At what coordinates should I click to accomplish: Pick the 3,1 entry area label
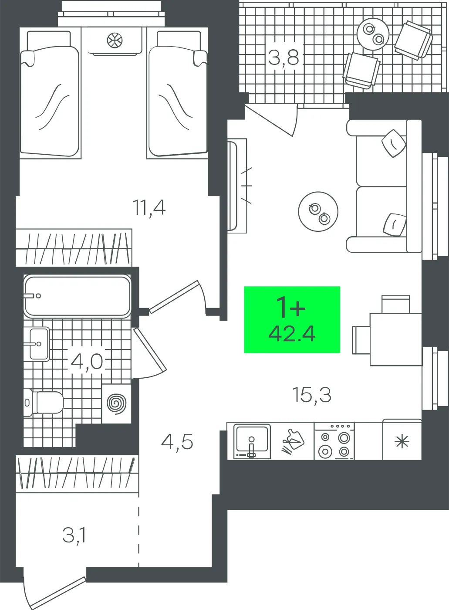74,535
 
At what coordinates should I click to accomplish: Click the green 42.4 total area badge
292,319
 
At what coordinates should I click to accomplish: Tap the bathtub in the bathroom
78,296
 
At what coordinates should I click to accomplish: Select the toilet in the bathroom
44,403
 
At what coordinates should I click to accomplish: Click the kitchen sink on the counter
252,441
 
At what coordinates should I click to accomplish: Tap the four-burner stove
334,441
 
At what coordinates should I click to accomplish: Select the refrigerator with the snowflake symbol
402,439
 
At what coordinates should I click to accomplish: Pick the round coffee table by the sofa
318,212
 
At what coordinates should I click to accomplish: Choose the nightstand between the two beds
114,41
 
